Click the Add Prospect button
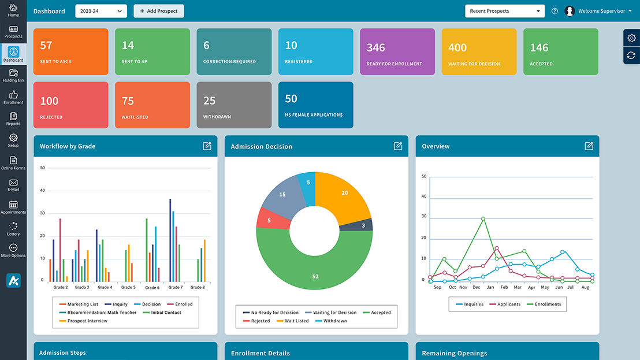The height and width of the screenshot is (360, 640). click(159, 11)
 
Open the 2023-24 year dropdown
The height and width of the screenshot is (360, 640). click(101, 11)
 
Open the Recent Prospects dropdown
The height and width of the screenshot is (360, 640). click(504, 11)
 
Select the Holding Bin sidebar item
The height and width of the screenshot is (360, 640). click(13, 75)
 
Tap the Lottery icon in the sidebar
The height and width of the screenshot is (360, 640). click(13, 229)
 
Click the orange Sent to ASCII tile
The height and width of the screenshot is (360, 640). click(71, 51)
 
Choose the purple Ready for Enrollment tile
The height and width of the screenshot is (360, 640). click(397, 51)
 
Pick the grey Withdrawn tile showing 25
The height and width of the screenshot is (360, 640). click(234, 105)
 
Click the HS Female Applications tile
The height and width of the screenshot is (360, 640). click(315, 105)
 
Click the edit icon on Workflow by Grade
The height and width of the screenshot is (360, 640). click(207, 146)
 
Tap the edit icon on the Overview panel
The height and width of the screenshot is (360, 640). click(589, 146)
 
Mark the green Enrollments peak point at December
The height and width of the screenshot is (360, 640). click(483, 219)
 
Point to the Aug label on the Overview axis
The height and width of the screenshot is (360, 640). click(585, 287)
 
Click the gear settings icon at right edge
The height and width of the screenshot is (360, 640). click(631, 38)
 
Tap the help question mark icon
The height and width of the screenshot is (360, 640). click(555, 11)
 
